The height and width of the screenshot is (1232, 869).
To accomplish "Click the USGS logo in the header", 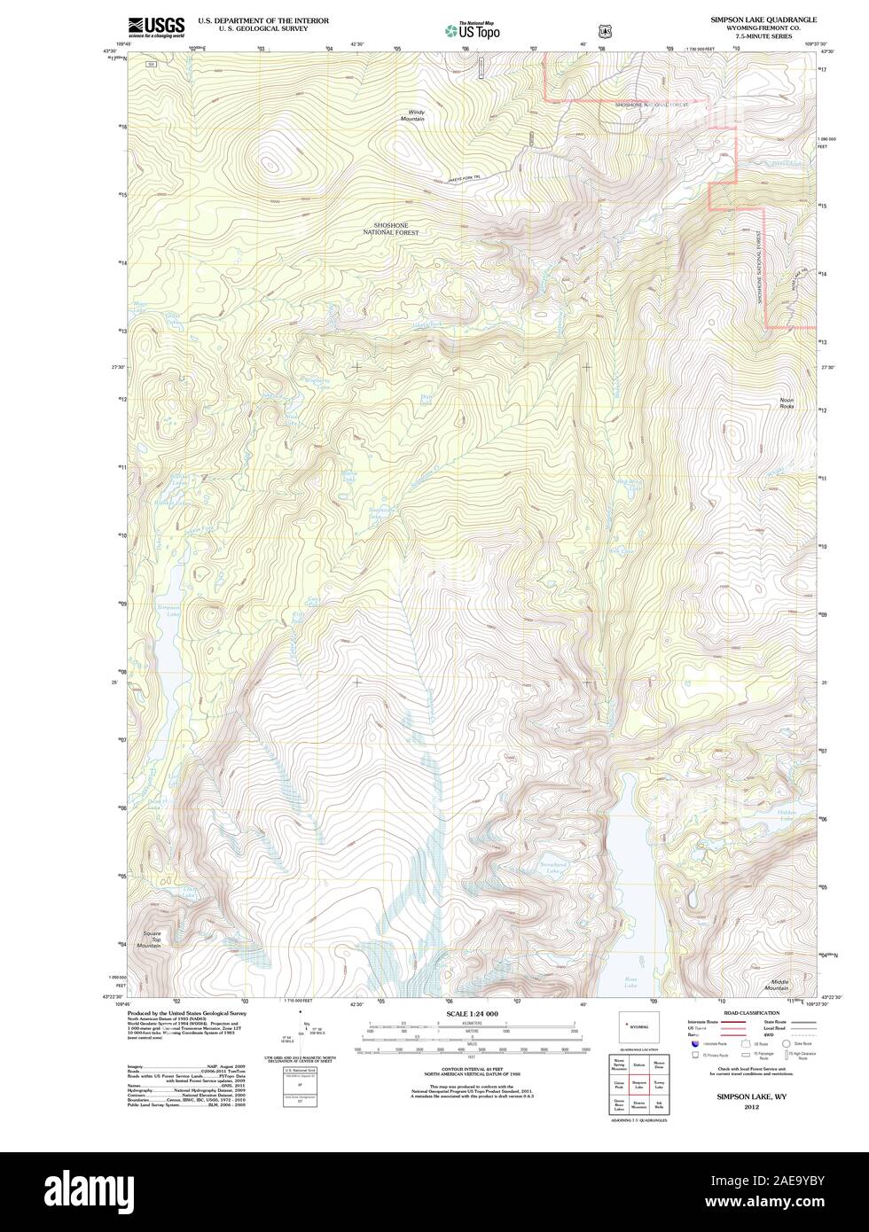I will [156, 27].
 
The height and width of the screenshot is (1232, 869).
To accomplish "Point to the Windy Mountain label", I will [412, 115].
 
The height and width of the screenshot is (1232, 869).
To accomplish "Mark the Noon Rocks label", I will [787, 403].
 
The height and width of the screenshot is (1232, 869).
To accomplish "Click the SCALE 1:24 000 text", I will [472, 1013].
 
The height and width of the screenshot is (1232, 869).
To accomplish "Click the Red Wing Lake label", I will [628, 483].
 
